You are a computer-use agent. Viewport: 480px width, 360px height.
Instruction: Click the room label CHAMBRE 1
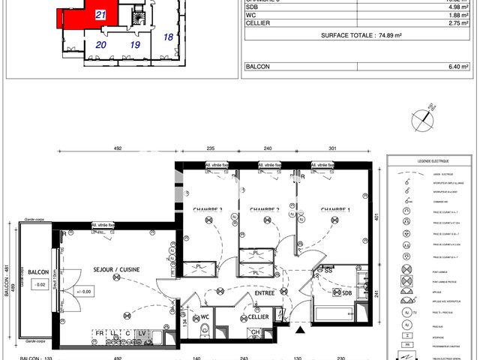pyautogui.click(x=335, y=209)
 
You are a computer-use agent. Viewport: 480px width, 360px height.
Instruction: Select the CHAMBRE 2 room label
pyautogui.click(x=264, y=209)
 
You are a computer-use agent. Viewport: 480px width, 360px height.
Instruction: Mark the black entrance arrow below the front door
pyautogui.click(x=301, y=328)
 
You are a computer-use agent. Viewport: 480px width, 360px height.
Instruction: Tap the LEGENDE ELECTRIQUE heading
pyautogui.click(x=430, y=161)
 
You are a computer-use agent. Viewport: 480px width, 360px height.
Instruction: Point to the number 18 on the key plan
pyautogui.click(x=168, y=36)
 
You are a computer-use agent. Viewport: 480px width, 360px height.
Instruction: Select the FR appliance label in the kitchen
pyautogui.click(x=99, y=333)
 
